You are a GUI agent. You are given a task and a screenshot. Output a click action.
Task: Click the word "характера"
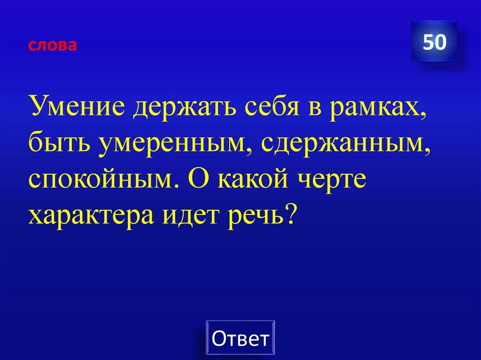pyautogui.click(x=92, y=214)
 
